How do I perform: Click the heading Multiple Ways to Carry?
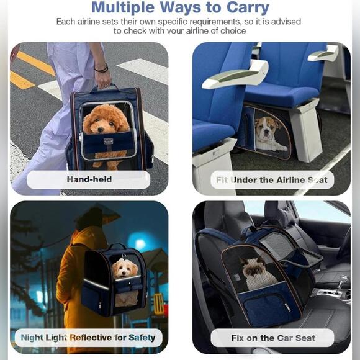coord(180,8)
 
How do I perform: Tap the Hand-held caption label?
coord(89,179)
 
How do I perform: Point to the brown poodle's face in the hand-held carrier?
coord(106,120)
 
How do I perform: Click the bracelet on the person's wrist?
coord(101,68)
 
